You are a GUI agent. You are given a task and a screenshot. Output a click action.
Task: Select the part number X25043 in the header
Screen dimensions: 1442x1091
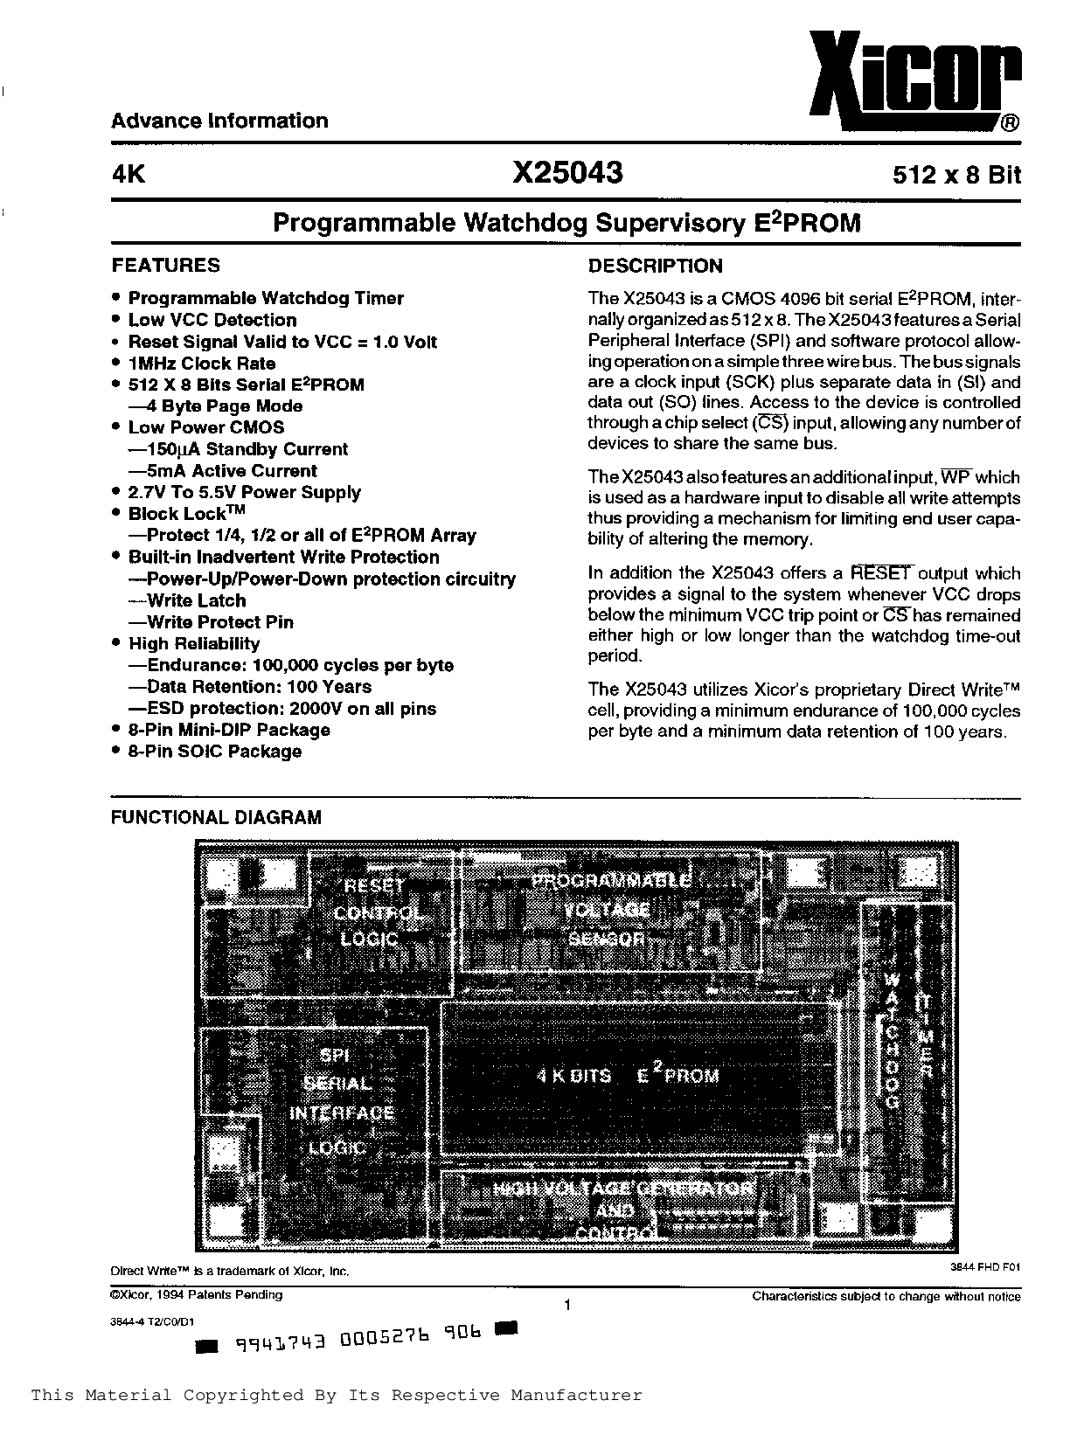(567, 172)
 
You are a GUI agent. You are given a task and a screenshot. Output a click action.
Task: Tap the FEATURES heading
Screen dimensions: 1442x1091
(165, 266)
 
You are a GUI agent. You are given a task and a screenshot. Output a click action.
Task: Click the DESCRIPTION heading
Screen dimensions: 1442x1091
(655, 267)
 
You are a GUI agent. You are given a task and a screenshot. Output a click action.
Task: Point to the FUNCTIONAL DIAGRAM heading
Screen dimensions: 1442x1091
(216, 818)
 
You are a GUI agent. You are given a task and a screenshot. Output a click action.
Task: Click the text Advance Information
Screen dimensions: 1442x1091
(219, 121)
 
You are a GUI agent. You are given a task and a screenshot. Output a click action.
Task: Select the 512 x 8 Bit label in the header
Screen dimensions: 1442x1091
(956, 175)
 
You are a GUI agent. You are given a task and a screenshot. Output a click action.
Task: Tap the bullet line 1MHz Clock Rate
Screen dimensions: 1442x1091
(202, 364)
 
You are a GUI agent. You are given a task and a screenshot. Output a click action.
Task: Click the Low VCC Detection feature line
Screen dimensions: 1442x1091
(212, 320)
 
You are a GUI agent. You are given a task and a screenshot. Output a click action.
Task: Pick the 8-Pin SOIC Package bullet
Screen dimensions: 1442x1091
(215, 752)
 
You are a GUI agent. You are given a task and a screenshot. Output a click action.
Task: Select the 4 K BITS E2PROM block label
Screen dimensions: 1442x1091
(628, 1075)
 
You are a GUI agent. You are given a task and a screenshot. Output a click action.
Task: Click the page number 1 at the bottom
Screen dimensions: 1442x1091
(567, 1306)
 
